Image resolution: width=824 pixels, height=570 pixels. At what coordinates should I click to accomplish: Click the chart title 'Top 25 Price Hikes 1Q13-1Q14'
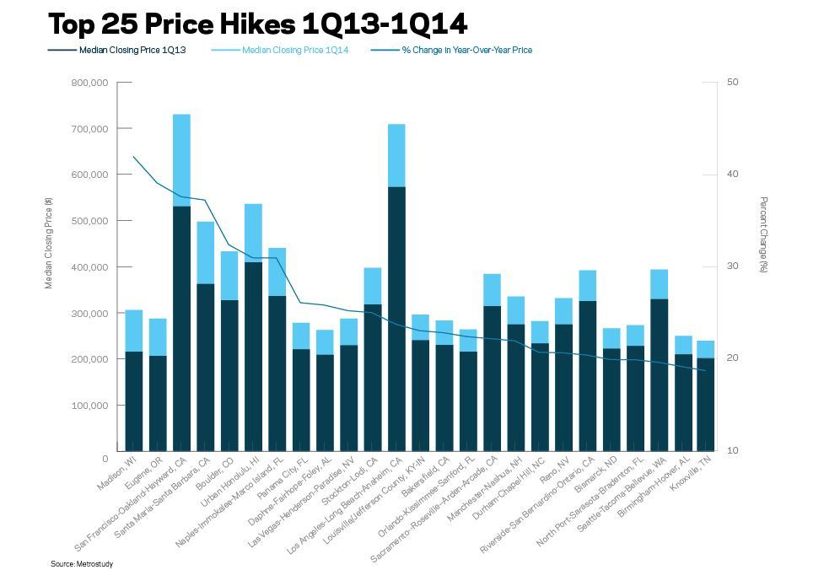[257, 24]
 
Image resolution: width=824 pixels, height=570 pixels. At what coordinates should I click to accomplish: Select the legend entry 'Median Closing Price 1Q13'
[132, 50]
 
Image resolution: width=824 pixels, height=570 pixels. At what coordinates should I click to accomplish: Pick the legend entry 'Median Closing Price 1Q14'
[294, 50]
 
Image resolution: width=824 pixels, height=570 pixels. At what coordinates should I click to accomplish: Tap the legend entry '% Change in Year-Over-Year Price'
[466, 50]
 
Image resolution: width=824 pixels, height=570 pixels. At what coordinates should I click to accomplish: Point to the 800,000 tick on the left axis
[91, 83]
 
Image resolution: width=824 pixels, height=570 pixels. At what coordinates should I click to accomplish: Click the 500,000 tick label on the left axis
[91, 221]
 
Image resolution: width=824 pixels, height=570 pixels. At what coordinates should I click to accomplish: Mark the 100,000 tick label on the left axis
[91, 406]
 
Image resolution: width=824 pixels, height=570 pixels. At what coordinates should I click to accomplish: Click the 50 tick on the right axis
[732, 83]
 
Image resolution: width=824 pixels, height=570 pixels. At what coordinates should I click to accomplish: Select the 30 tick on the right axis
[732, 266]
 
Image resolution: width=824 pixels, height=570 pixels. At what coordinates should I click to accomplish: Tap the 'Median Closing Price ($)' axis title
[49, 244]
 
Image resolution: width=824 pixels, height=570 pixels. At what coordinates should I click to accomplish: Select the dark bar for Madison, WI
[133, 401]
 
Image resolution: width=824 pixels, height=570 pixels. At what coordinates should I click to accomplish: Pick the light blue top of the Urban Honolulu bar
[253, 233]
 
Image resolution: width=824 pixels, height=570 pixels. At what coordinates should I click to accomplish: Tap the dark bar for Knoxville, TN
[706, 405]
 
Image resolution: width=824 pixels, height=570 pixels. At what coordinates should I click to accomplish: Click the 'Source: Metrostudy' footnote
[82, 563]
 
